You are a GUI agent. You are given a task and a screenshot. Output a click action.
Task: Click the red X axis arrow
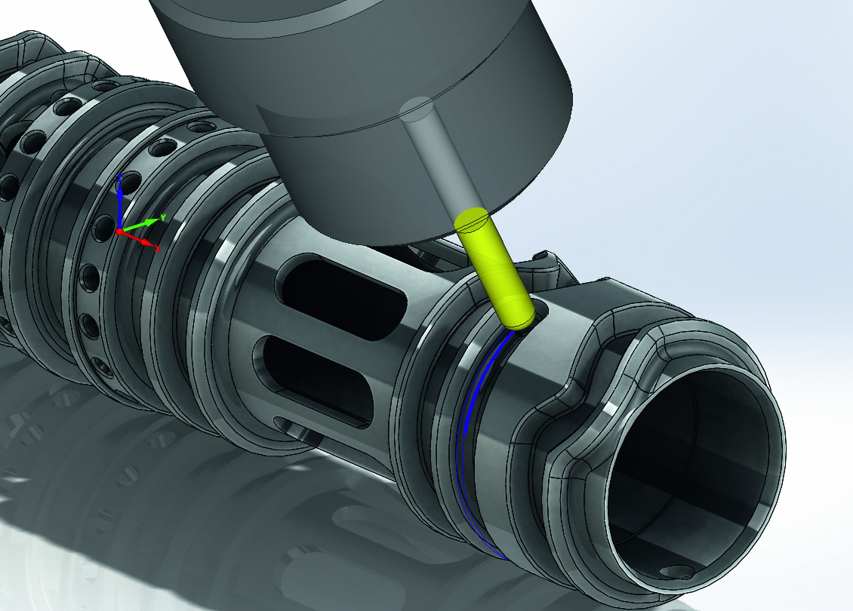pyautogui.click(x=139, y=239)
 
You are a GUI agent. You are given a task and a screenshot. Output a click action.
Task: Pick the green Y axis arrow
pyautogui.click(x=140, y=225)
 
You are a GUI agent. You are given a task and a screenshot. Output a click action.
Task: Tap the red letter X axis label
pyautogui.click(x=158, y=248)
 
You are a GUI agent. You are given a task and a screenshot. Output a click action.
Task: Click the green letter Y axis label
pyautogui.click(x=162, y=217)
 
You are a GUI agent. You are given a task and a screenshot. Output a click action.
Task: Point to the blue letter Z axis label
pyautogui.click(x=120, y=178)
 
